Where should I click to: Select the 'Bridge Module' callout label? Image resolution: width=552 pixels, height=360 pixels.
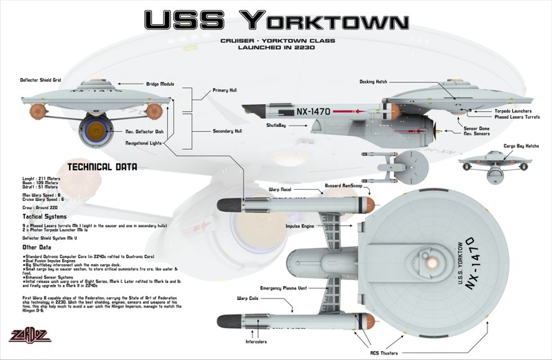[160, 84]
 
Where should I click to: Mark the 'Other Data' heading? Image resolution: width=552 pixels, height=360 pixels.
[39, 246]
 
